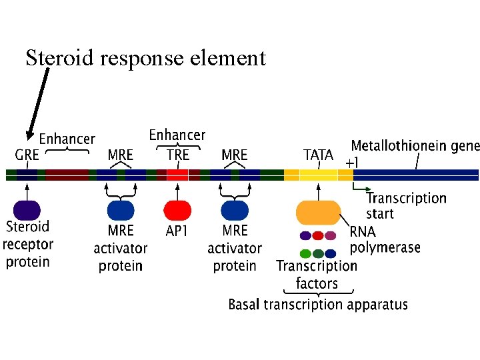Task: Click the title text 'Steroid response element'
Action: pos(145,58)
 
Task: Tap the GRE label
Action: pos(27,155)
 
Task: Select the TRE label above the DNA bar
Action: pos(177,155)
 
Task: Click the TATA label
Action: pos(318,155)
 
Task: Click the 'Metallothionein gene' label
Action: pos(415,146)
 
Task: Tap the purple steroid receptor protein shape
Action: pos(27,210)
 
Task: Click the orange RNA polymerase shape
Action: pos(318,212)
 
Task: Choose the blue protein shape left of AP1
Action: pos(121,210)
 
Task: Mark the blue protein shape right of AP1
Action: pos(235,210)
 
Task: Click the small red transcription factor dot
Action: pos(318,235)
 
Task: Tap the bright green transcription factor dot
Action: pos(305,253)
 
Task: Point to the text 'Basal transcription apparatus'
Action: pos(318,305)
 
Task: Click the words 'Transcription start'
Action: pos(406,205)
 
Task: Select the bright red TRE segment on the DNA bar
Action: pos(177,175)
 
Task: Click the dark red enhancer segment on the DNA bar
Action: pos(67,175)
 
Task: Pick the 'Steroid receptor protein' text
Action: pos(27,244)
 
